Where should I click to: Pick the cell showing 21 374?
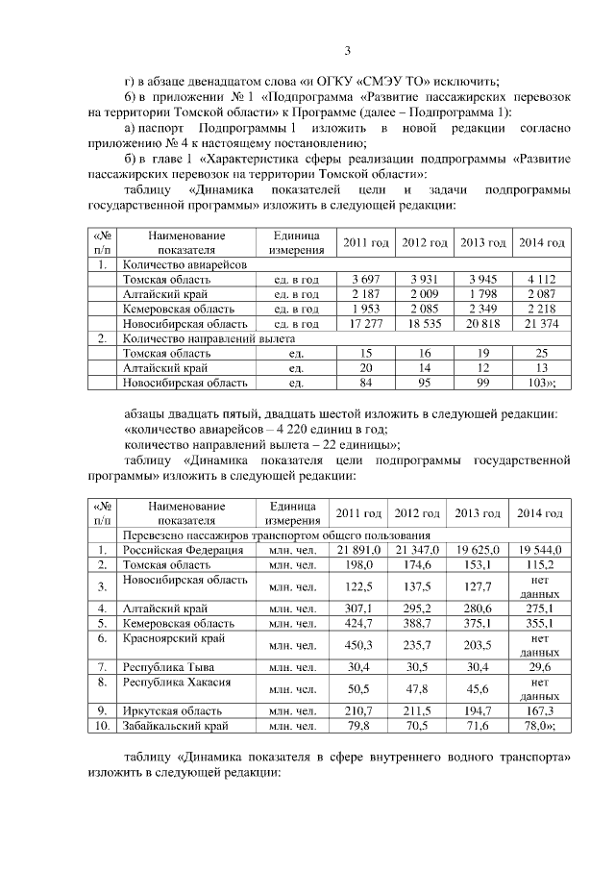(x=541, y=324)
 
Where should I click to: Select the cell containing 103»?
(x=541, y=383)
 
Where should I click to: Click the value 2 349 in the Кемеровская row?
(x=482, y=309)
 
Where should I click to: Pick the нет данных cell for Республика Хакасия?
(x=541, y=689)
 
